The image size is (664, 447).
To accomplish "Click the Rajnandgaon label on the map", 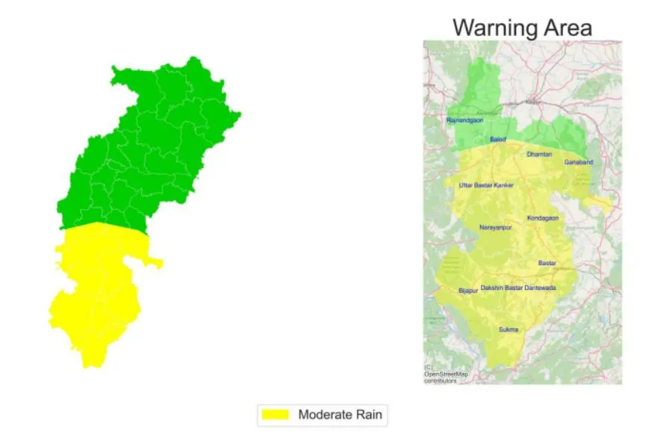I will click(465, 120).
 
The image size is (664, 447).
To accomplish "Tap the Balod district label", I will click(497, 140).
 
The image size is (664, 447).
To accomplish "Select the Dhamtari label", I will click(539, 155).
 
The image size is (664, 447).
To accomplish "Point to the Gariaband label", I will click(578, 162).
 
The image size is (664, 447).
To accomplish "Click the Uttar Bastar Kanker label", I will click(486, 185).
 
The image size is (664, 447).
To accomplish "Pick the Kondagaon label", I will click(543, 218).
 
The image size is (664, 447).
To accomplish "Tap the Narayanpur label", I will click(495, 227).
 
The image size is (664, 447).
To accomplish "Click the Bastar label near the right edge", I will click(547, 263).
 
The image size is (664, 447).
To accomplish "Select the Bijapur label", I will click(467, 290).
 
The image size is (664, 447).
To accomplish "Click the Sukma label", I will click(508, 330).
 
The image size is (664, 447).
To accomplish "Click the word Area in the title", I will click(567, 28).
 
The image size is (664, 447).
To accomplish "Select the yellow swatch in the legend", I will click(274, 414).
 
